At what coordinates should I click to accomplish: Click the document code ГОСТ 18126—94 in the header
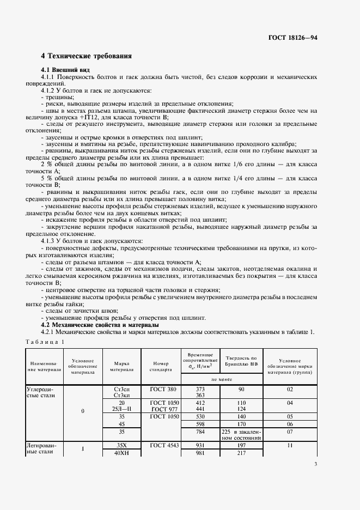(292, 38)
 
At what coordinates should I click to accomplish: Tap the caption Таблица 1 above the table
(45, 342)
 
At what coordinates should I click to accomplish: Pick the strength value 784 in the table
(200, 432)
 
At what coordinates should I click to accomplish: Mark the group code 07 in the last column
(290, 432)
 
